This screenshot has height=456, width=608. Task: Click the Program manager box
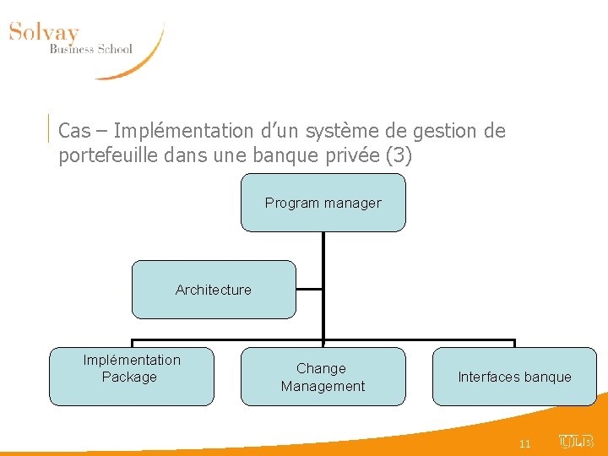pyautogui.click(x=323, y=203)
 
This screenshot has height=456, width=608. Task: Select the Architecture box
pyautogui.click(x=214, y=290)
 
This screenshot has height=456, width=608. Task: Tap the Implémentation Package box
pyautogui.click(x=131, y=377)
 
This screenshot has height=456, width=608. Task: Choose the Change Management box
pyautogui.click(x=323, y=377)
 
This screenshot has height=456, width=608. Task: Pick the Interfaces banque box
pyautogui.click(x=514, y=377)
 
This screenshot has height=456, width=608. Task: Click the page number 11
pyautogui.click(x=524, y=443)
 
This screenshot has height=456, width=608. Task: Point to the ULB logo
pyautogui.click(x=577, y=442)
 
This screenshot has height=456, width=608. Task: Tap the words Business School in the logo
pyautogui.click(x=90, y=49)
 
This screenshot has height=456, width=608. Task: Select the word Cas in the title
pyautogui.click(x=74, y=132)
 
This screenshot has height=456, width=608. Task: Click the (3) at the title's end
pyautogui.click(x=398, y=157)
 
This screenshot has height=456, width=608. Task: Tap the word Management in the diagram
pyautogui.click(x=323, y=386)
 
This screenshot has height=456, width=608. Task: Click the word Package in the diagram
pyautogui.click(x=129, y=377)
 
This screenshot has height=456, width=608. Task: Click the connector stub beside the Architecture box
pyautogui.click(x=310, y=289)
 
